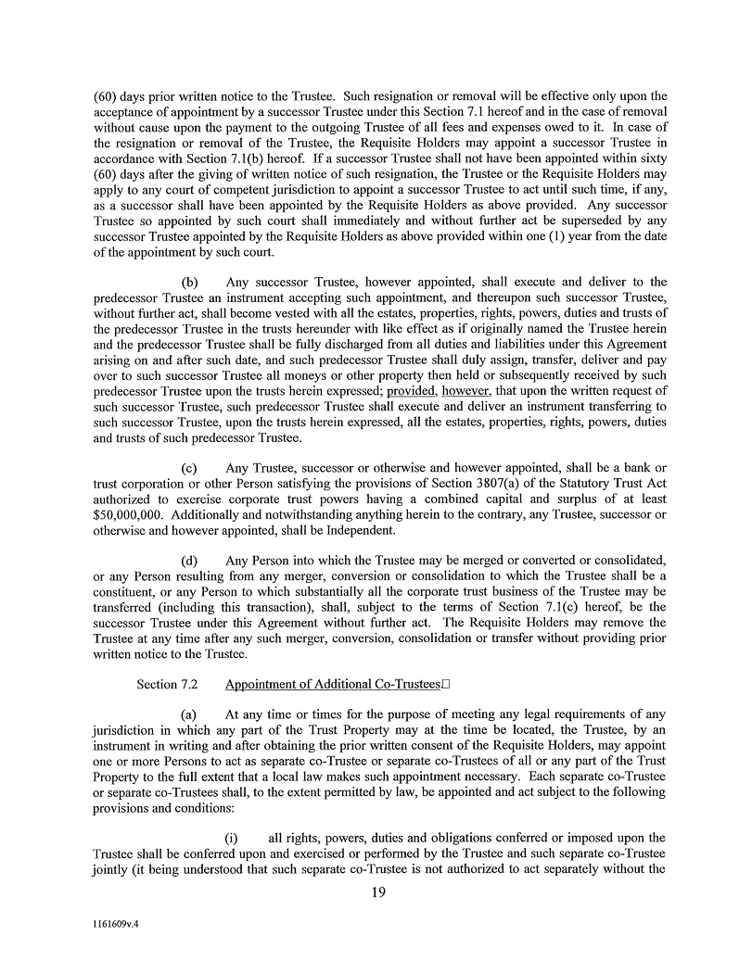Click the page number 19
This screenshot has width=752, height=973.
click(x=376, y=891)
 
